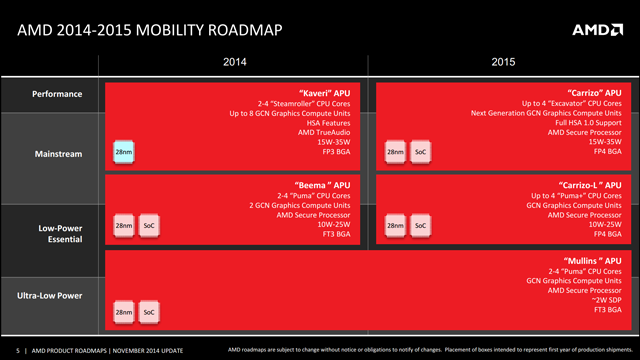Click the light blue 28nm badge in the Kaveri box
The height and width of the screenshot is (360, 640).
coord(123,152)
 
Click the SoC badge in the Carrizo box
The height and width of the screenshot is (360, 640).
coord(421,152)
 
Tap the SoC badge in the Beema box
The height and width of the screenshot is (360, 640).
coord(149,227)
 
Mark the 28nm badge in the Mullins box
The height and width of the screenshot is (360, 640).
coord(123,313)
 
